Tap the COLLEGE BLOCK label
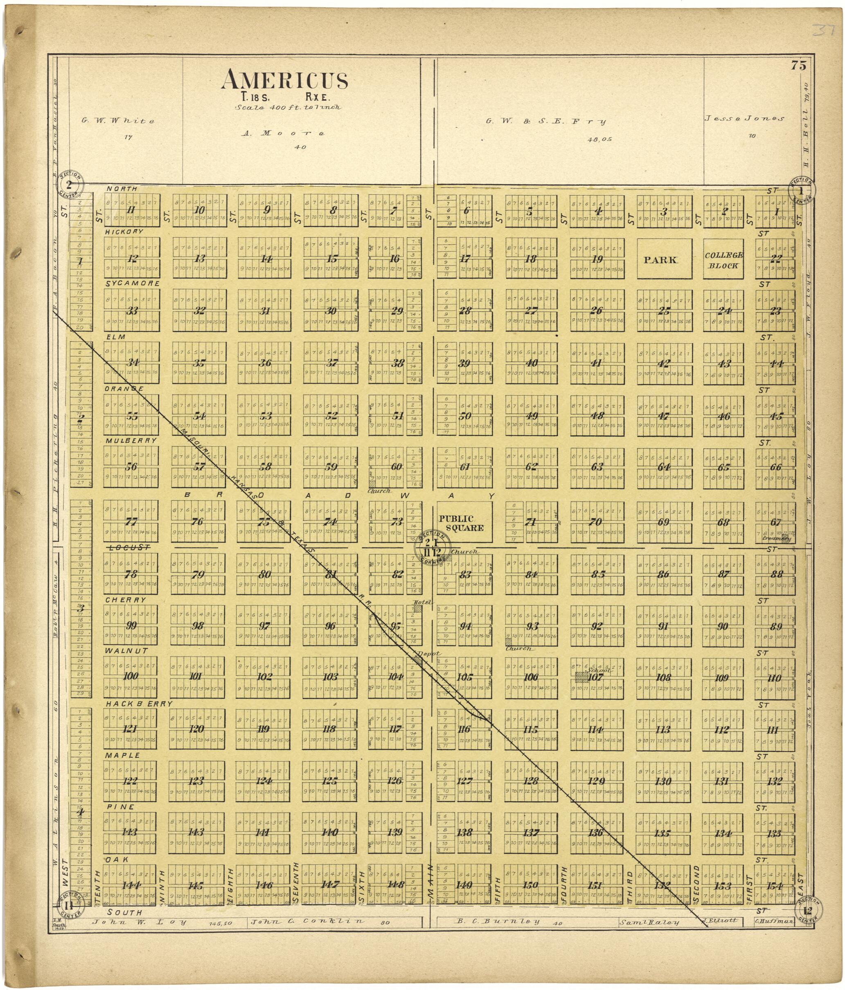[x=723, y=261]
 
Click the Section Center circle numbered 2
[x=70, y=185]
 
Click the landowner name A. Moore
[x=282, y=133]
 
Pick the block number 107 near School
[x=595, y=677]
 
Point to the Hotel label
[x=423, y=603]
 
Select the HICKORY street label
[x=125, y=231]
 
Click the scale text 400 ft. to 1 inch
[x=288, y=108]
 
